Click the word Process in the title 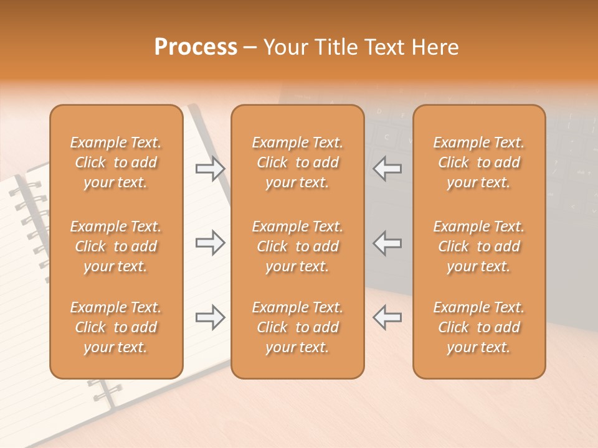(x=196, y=47)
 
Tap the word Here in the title (x=435, y=47)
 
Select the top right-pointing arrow (x=211, y=168)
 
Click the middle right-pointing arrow (x=211, y=243)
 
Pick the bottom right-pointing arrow (x=211, y=317)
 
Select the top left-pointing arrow (x=387, y=168)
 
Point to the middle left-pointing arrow (x=387, y=243)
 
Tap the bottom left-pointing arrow (x=387, y=317)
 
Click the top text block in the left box (x=116, y=162)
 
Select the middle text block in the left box (x=116, y=246)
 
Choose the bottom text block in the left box (x=116, y=327)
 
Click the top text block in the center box (x=298, y=162)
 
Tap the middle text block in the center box (x=298, y=246)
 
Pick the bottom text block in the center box (x=298, y=327)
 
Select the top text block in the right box (x=479, y=162)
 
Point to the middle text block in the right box (x=479, y=246)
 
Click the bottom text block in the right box (x=479, y=327)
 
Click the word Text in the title (x=381, y=47)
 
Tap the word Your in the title (x=285, y=47)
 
